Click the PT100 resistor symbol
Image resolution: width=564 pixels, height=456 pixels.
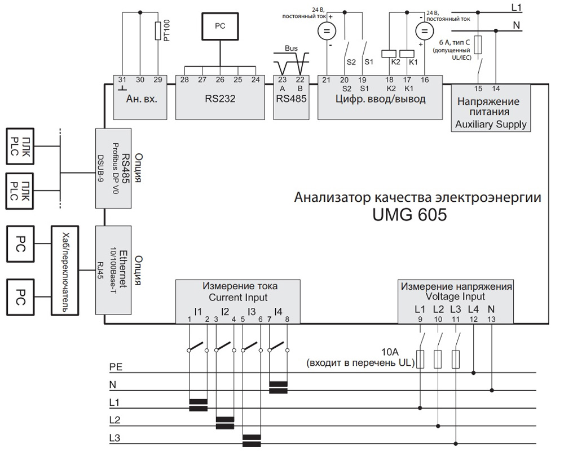pyautogui.click(x=158, y=32)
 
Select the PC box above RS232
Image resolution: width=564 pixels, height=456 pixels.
pyautogui.click(x=220, y=25)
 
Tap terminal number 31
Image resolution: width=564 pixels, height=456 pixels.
pyautogui.click(x=122, y=79)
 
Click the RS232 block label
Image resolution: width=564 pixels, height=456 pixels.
pyautogui.click(x=220, y=99)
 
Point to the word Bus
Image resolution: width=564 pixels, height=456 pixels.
pyautogui.click(x=291, y=49)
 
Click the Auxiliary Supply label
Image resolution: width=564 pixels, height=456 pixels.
pyautogui.click(x=491, y=124)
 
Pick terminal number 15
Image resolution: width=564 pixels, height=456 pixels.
pyautogui.click(x=478, y=88)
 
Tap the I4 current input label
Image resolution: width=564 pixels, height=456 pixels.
pyautogui.click(x=279, y=311)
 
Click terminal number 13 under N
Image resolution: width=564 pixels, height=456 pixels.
pyautogui.click(x=492, y=320)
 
